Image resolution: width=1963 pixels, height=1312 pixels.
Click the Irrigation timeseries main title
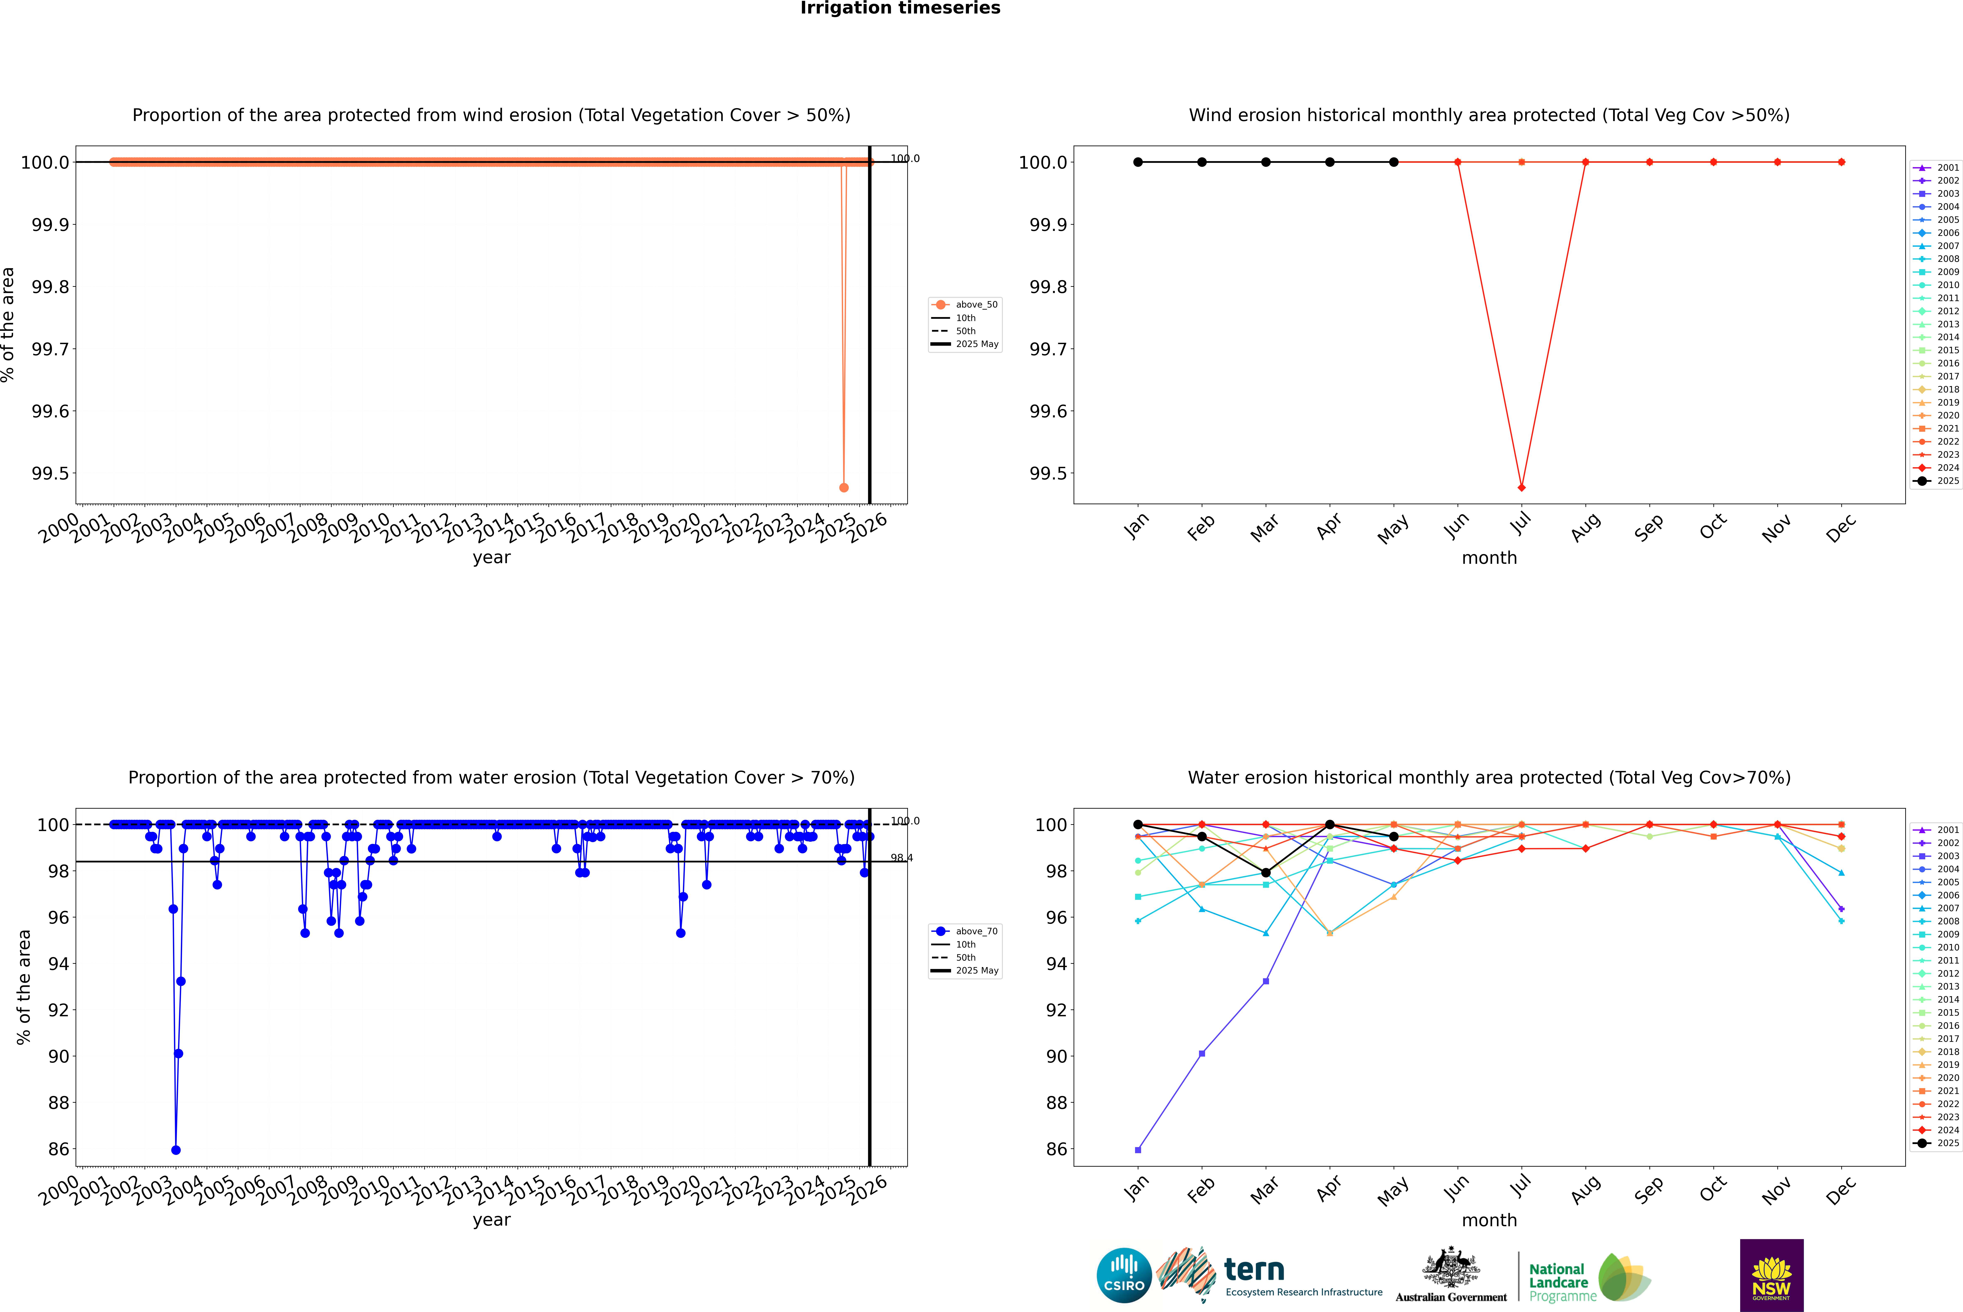tap(900, 8)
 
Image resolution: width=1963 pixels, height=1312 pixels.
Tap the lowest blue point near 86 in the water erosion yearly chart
tap(176, 1150)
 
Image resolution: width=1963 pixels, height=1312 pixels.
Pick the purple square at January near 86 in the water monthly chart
tap(1138, 1150)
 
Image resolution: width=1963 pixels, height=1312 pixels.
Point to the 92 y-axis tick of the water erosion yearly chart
tap(59, 1010)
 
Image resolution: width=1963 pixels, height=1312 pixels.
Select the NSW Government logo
tap(1771, 1275)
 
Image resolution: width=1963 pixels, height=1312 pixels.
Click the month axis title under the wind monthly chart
tap(1488, 558)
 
